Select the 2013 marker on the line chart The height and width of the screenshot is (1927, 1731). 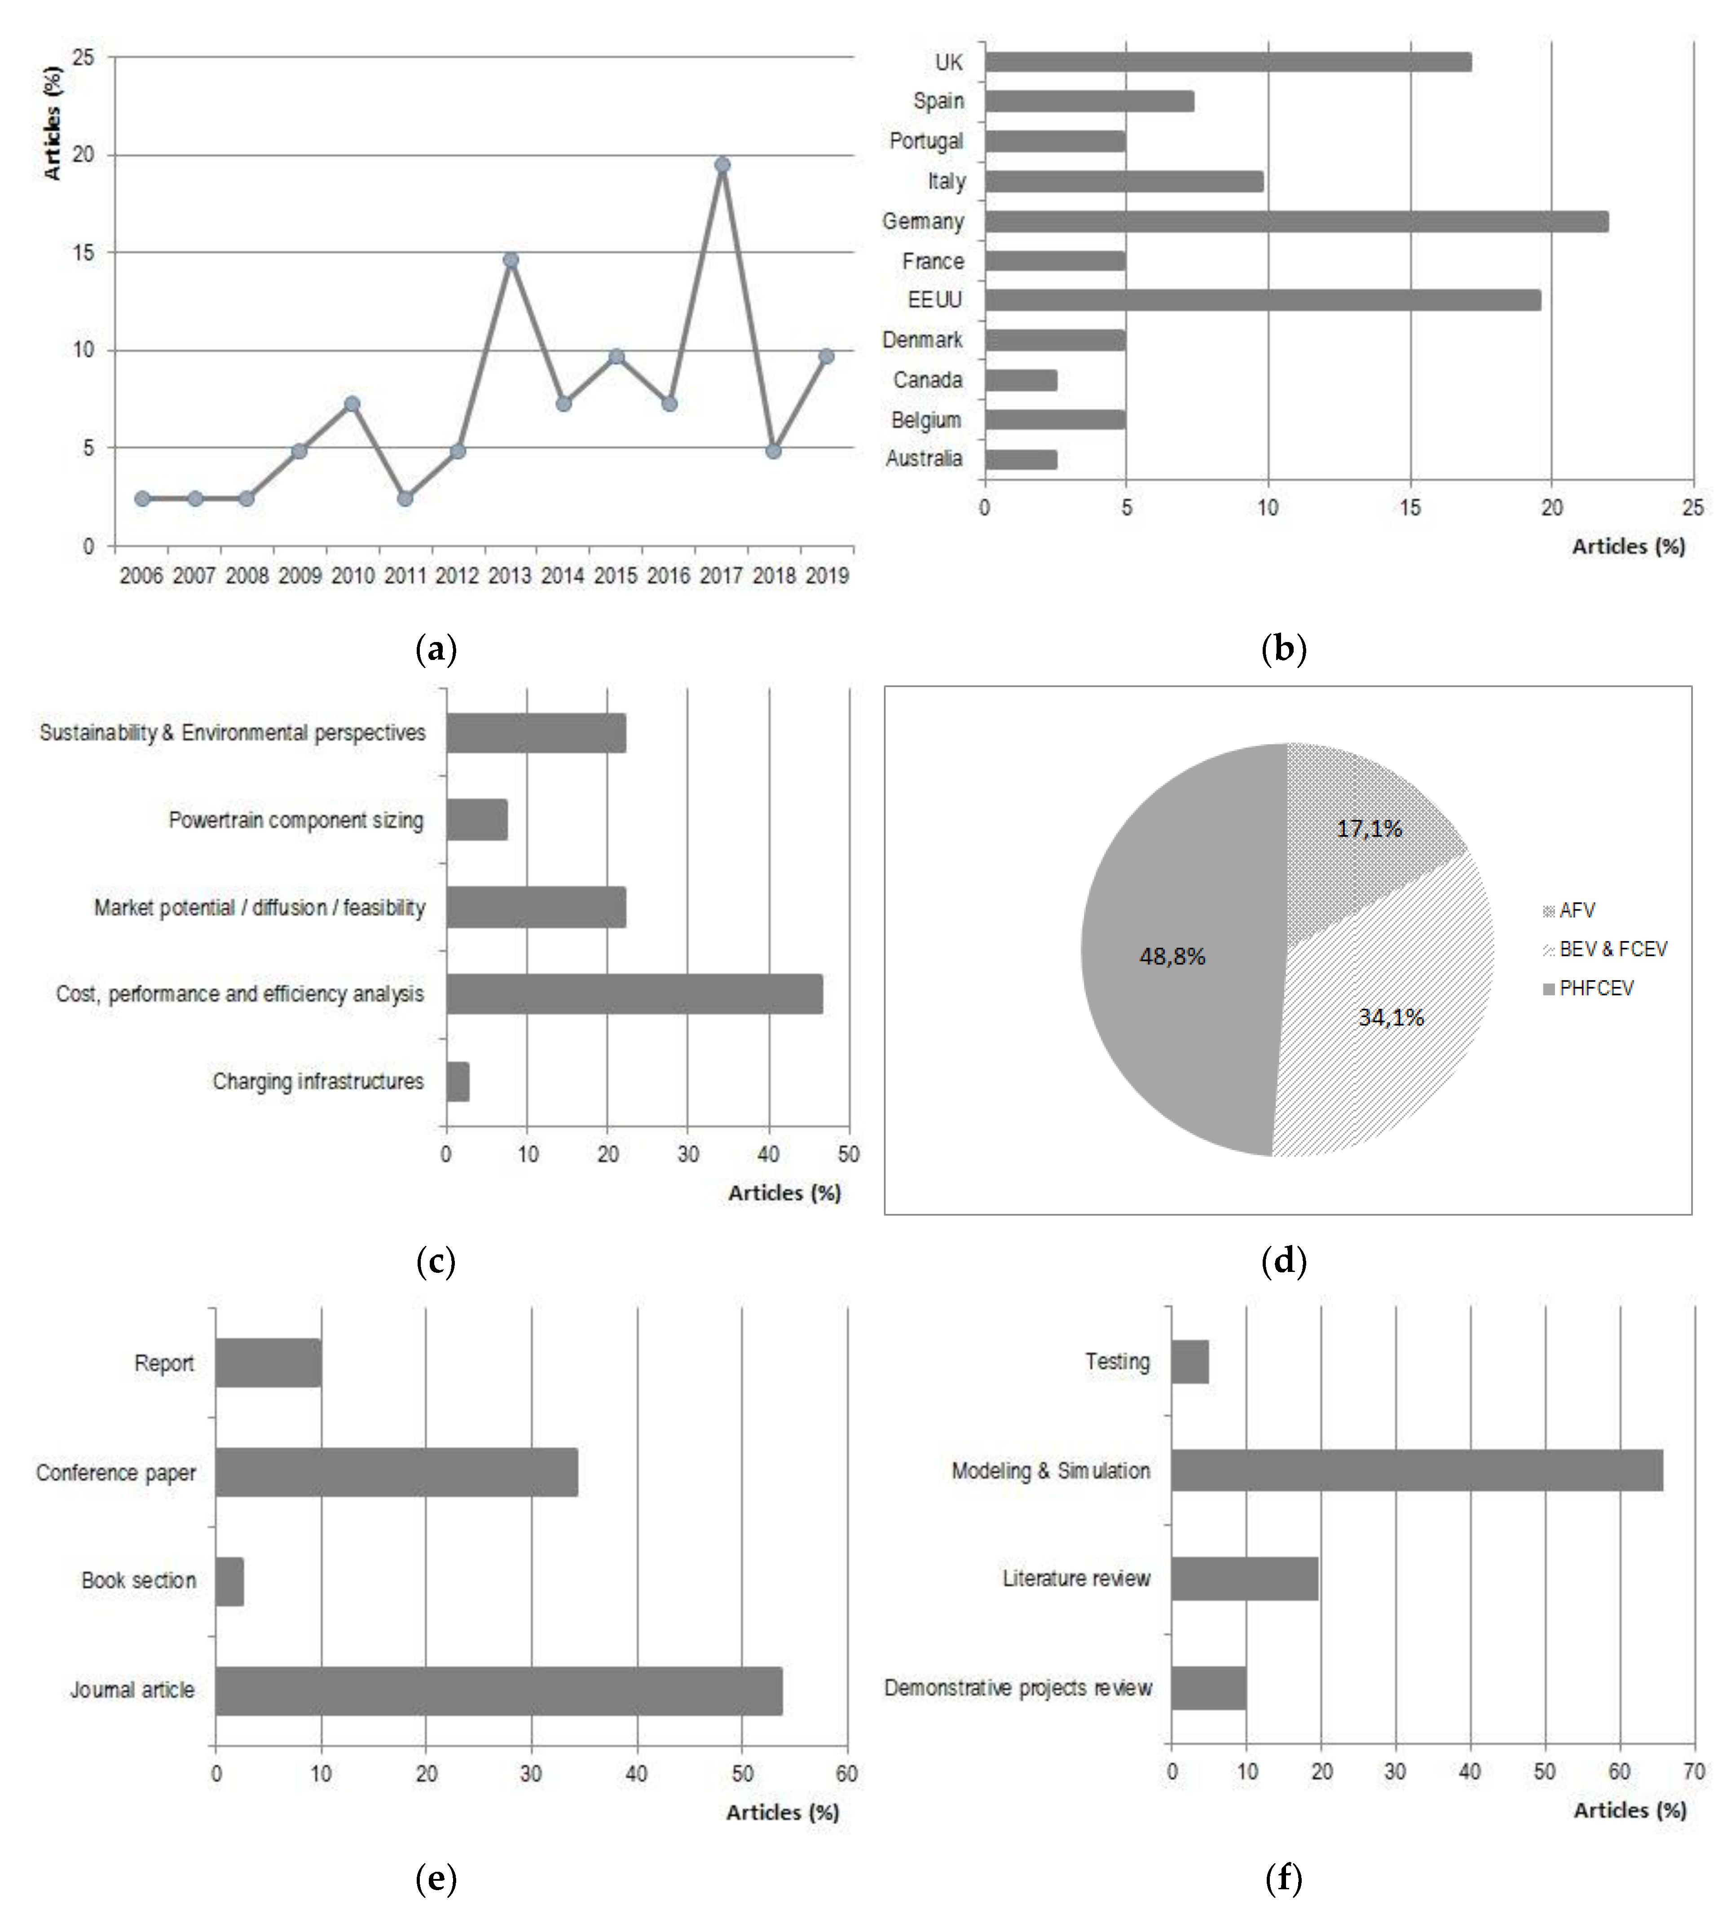tap(511, 260)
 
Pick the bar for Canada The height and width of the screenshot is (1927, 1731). tap(1021, 380)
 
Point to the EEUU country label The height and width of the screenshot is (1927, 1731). tap(935, 300)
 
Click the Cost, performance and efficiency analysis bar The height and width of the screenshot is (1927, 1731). tap(634, 994)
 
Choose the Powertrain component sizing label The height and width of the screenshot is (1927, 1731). tap(296, 820)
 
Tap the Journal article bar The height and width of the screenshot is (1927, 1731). tap(498, 1690)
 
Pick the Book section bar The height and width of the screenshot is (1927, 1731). tap(229, 1581)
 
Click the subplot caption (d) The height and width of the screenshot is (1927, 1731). tap(1283, 1262)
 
